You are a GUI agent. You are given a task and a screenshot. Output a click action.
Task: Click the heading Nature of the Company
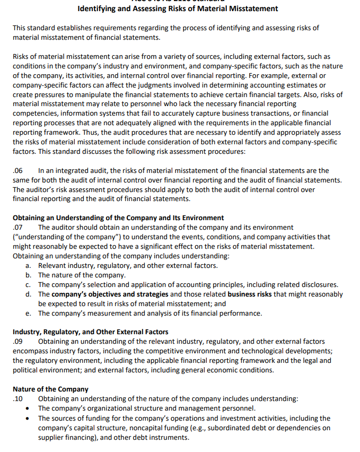(x=50, y=389)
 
